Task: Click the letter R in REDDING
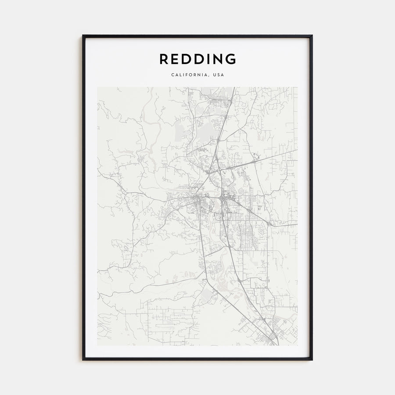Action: point(163,59)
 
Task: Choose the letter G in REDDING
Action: point(231,59)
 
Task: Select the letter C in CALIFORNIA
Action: point(172,75)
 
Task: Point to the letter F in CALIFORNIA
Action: point(187,75)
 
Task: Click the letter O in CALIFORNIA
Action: point(191,75)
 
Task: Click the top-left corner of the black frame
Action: point(83,36)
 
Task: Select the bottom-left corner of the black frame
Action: point(83,359)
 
